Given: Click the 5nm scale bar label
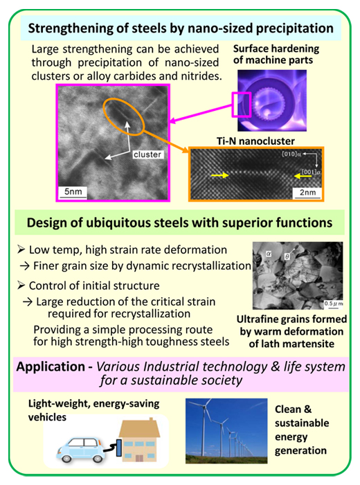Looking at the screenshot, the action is [x=73, y=191].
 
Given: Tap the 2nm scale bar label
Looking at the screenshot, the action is [x=307, y=193].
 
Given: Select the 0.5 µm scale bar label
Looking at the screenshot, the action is [x=334, y=303].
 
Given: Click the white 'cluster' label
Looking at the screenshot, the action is [x=147, y=155].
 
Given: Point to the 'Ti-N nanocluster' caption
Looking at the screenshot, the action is [x=255, y=141].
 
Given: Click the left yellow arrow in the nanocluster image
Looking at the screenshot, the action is [x=219, y=175].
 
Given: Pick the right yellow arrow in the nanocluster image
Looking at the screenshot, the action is [x=303, y=176].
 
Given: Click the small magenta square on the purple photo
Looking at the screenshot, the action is [x=242, y=105].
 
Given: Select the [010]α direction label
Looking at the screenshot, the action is [x=291, y=154].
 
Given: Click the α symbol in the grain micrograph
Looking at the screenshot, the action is [x=269, y=254].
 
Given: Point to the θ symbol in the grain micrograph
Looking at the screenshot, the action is [x=287, y=256].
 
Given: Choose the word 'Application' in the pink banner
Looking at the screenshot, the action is [x=51, y=367].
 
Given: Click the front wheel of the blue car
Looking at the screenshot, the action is [x=66, y=457].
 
